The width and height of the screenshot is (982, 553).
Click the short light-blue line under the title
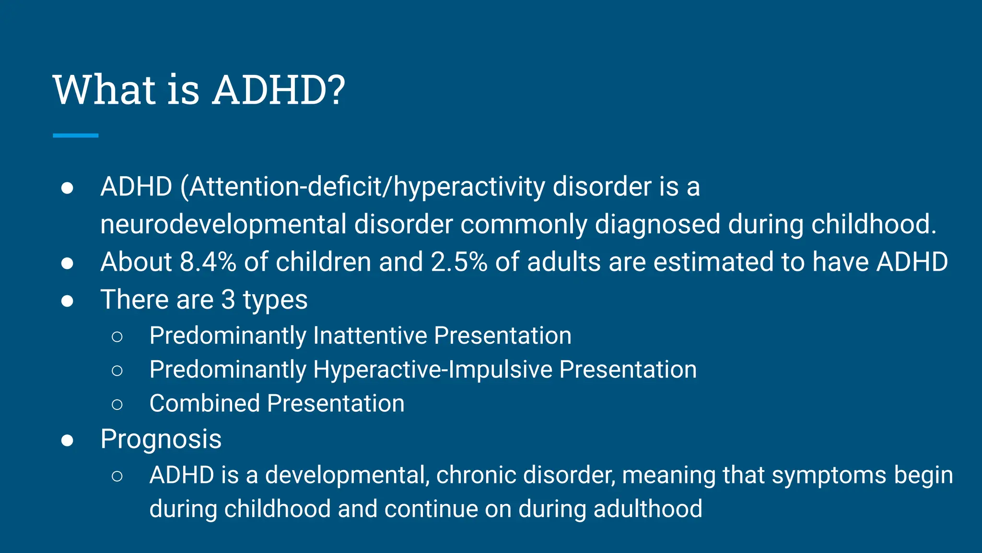pyautogui.click(x=75, y=136)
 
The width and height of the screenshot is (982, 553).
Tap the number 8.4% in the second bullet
pyautogui.click(x=208, y=262)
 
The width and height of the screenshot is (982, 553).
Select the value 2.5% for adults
pyautogui.click(x=458, y=262)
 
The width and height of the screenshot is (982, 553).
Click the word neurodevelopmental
pyautogui.click(x=223, y=225)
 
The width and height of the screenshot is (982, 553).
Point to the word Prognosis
pyautogui.click(x=161, y=439)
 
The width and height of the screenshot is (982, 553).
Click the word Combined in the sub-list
pyautogui.click(x=204, y=403)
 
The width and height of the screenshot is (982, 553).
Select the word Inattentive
pyautogui.click(x=370, y=335)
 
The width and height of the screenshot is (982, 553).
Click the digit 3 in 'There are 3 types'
pyautogui.click(x=228, y=300)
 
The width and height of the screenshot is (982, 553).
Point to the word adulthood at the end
pyautogui.click(x=648, y=509)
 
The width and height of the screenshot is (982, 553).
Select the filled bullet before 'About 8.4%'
pyautogui.click(x=67, y=264)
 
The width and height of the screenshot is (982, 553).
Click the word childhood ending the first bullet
pyautogui.click(x=873, y=225)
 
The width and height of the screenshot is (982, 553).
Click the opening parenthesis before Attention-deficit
pyautogui.click(x=184, y=187)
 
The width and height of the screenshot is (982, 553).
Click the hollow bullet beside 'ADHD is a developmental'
pyautogui.click(x=117, y=476)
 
